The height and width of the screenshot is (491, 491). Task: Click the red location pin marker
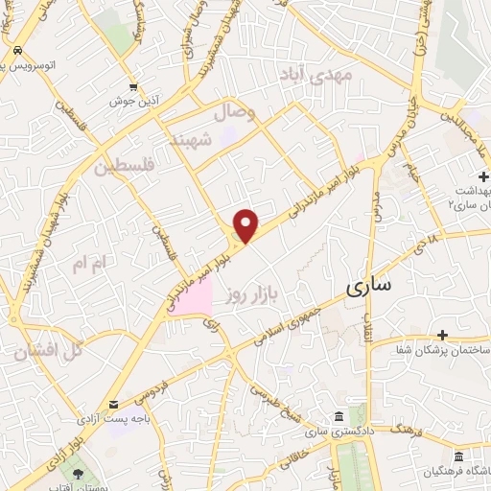(247, 225)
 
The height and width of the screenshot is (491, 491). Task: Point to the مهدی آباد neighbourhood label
(316, 73)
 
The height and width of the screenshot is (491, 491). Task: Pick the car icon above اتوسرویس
(19, 50)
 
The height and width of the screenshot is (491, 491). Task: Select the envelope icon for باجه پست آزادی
(114, 405)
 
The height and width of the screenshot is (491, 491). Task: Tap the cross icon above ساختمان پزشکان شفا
(442, 335)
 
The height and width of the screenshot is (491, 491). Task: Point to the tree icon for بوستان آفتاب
(77, 473)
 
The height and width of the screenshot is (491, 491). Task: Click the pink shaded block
(195, 298)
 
